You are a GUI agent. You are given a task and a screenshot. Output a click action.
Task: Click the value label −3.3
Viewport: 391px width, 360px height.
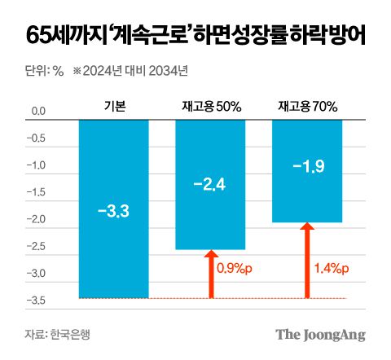tap(113, 212)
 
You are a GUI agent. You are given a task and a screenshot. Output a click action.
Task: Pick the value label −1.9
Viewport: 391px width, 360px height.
tap(307, 168)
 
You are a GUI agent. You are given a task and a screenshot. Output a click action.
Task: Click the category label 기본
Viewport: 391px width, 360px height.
tap(113, 106)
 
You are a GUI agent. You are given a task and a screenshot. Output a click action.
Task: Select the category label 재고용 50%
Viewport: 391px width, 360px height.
tap(210, 106)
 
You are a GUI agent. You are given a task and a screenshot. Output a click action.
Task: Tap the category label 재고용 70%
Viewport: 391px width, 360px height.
tap(307, 106)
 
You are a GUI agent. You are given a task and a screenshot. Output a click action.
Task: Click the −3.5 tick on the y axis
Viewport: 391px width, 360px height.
tap(37, 301)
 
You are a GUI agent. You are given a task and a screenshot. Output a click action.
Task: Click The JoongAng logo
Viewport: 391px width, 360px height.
tap(320, 335)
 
